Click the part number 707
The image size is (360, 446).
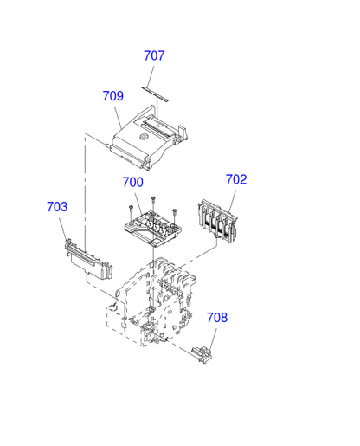tap(154, 55)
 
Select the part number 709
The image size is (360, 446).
tap(113, 96)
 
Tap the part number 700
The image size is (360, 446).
tap(133, 182)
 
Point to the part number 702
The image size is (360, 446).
tap(236, 179)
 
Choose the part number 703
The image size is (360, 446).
tap(57, 207)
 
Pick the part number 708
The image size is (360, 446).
tap(217, 318)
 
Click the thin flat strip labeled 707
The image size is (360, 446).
tap(155, 94)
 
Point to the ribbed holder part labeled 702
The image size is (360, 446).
tap(217, 221)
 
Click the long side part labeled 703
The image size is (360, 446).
tap(88, 260)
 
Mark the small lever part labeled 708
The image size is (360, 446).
tap(202, 354)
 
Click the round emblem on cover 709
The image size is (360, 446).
tap(144, 137)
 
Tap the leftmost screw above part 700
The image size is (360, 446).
tap(131, 210)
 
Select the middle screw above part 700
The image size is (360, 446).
tap(153, 202)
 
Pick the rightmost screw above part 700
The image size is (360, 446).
tap(174, 215)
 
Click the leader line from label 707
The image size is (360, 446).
tap(150, 77)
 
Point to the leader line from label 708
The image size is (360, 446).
tap(213, 339)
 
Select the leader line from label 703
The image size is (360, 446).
tap(63, 229)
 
